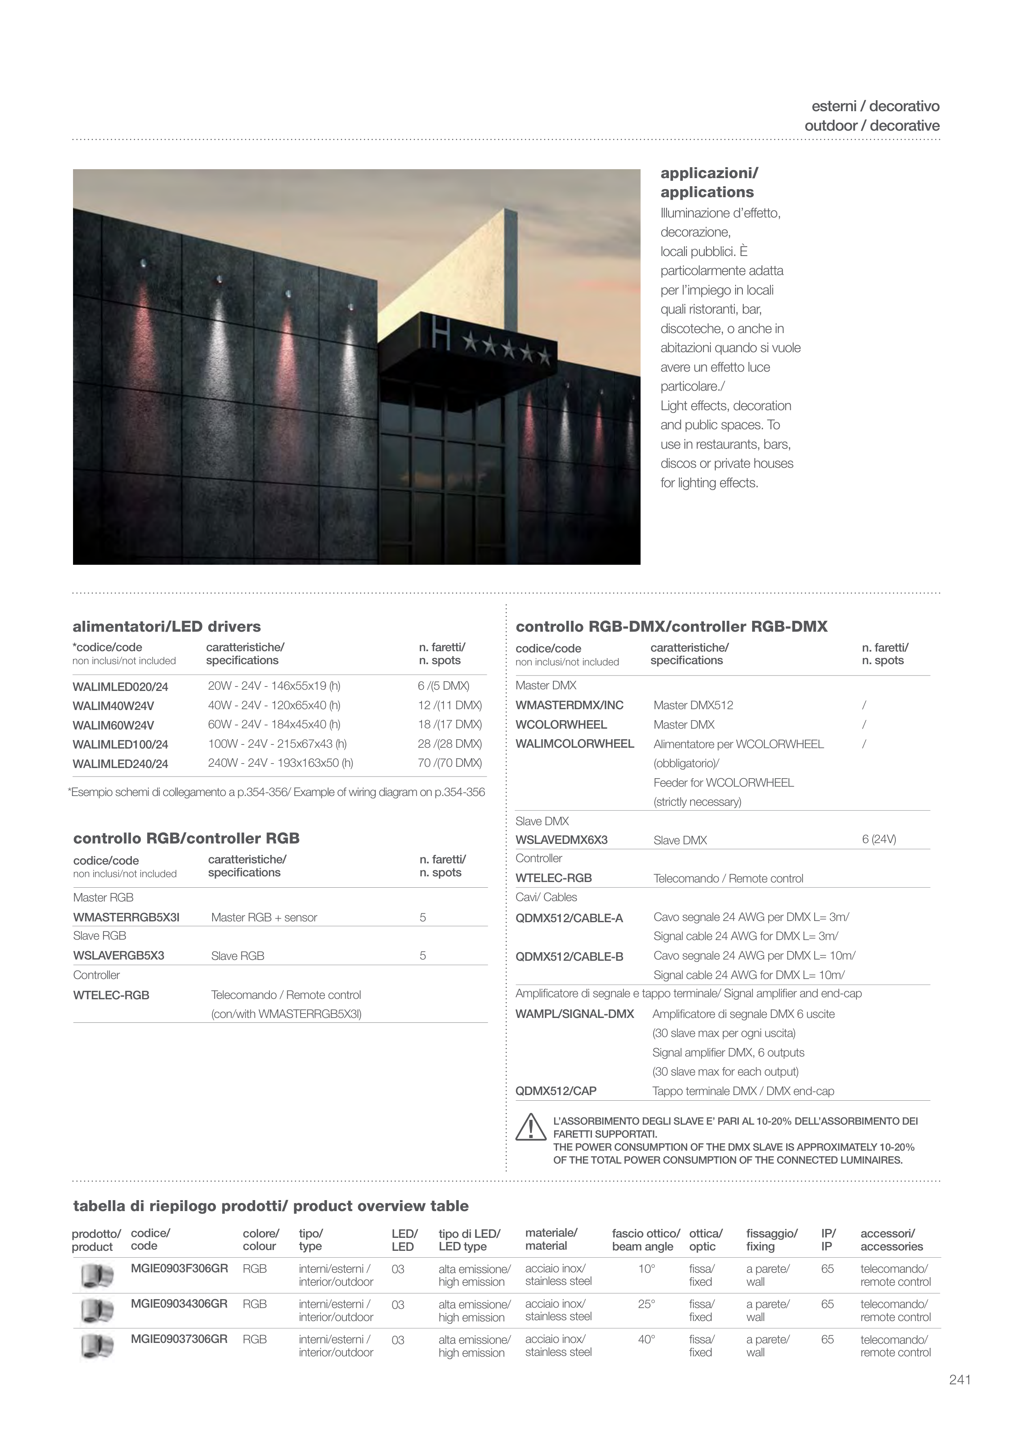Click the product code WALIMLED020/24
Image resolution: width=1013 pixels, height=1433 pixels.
coord(120,687)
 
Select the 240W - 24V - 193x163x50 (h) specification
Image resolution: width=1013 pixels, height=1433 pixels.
coord(280,763)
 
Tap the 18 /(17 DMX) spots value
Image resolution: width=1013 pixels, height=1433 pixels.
coord(450,725)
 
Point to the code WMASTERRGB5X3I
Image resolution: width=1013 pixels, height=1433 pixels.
coord(126,917)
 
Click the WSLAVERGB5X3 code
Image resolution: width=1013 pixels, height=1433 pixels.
coord(118,955)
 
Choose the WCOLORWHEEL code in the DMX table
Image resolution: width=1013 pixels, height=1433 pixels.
coord(561,725)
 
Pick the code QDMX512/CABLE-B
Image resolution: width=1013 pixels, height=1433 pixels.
coord(569,957)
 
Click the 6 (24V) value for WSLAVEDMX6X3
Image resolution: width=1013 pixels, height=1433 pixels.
coord(879,839)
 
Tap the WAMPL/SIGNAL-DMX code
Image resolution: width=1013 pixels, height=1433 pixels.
coord(574,1014)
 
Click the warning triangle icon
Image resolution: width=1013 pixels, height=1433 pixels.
coord(531,1127)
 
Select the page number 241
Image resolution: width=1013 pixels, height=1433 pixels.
coord(960,1380)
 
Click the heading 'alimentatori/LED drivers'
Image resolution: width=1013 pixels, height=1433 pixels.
coord(167,626)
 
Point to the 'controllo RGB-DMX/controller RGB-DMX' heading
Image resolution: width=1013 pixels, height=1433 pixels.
coord(671,626)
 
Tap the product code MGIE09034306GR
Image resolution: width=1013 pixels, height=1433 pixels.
coord(179,1304)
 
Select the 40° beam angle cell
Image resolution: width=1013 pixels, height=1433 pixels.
coord(646,1339)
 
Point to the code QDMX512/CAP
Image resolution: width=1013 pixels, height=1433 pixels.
coord(555,1091)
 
